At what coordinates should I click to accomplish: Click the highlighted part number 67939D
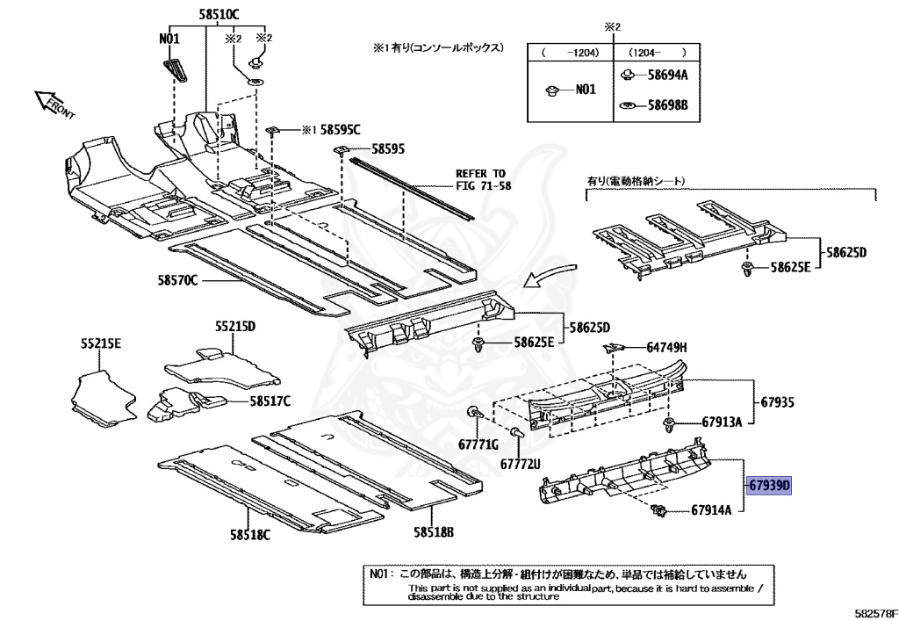click(770, 484)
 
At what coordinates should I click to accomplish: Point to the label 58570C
click(178, 280)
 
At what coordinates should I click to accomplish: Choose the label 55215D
click(235, 327)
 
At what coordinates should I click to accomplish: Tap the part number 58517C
click(269, 401)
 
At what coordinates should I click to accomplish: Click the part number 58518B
click(434, 531)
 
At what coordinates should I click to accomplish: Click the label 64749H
click(666, 347)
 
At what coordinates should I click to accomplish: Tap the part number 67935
click(777, 403)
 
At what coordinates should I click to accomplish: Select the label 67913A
click(721, 422)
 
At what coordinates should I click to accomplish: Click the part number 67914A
click(711, 509)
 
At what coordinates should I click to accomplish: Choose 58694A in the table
click(667, 75)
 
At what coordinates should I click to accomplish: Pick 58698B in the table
click(667, 106)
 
